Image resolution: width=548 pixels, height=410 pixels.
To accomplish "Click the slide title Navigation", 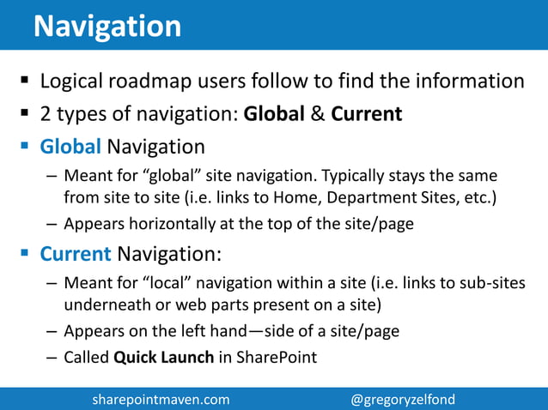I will pos(107,26).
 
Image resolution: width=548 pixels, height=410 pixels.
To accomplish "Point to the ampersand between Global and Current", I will pos(317,114).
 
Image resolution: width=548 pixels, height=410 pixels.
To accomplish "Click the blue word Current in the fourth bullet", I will pos(76,254).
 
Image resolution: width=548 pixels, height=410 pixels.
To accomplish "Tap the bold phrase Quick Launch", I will pos(162,357).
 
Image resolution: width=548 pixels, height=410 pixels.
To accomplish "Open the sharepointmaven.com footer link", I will pos(161,399).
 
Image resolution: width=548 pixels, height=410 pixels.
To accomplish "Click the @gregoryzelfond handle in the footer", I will pos(403,399).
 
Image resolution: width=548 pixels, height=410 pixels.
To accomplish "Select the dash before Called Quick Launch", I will pos(52,357).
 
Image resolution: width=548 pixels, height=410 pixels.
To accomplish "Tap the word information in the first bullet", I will pos(475,82).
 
